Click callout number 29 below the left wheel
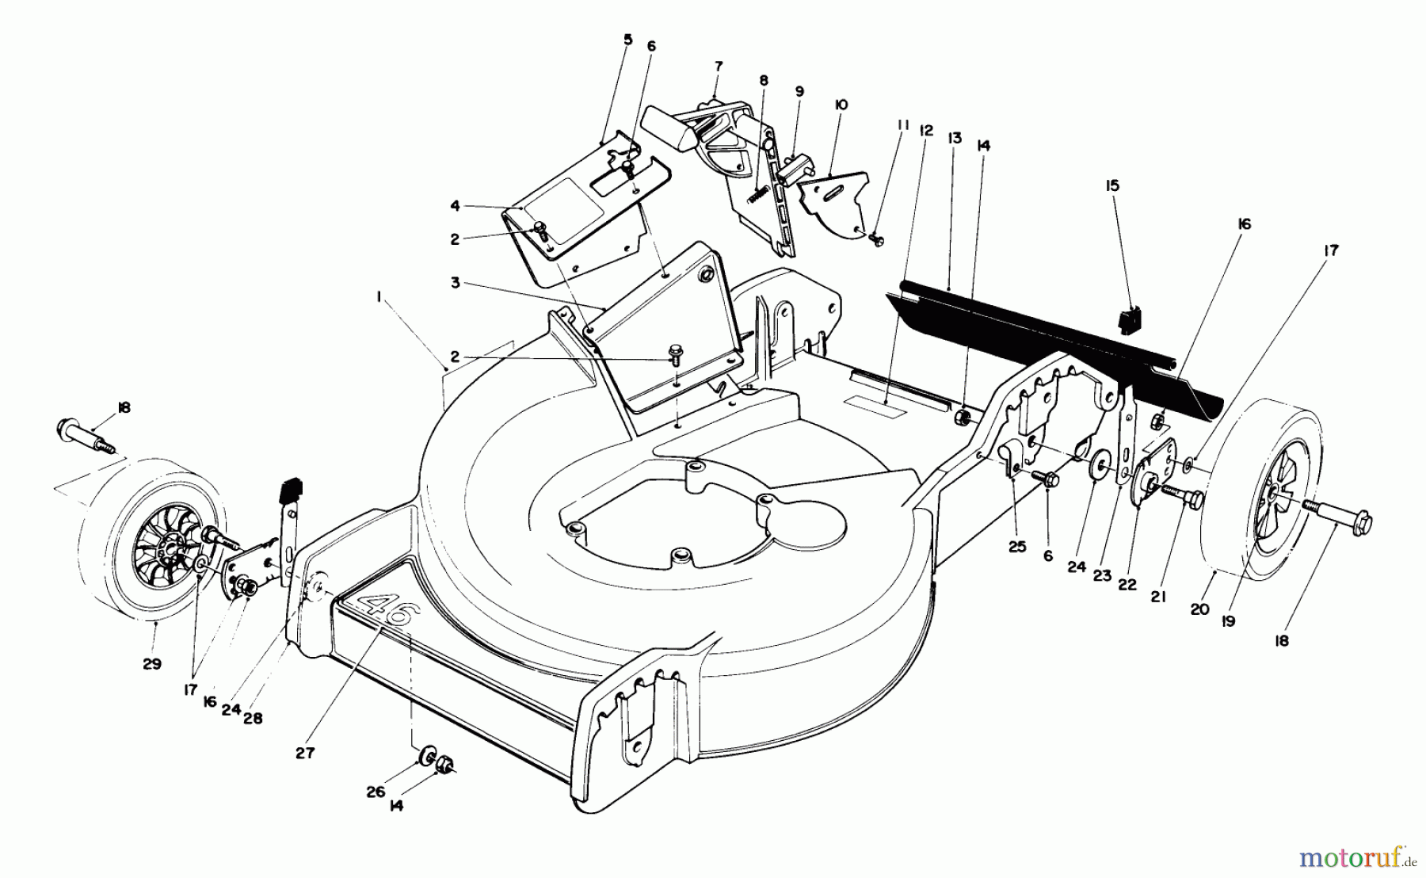click(151, 664)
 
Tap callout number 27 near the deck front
click(305, 754)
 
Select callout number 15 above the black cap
click(1113, 185)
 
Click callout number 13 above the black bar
click(954, 138)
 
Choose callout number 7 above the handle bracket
click(719, 67)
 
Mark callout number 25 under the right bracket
click(1017, 547)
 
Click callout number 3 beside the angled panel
click(456, 283)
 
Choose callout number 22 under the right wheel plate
click(1127, 585)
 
